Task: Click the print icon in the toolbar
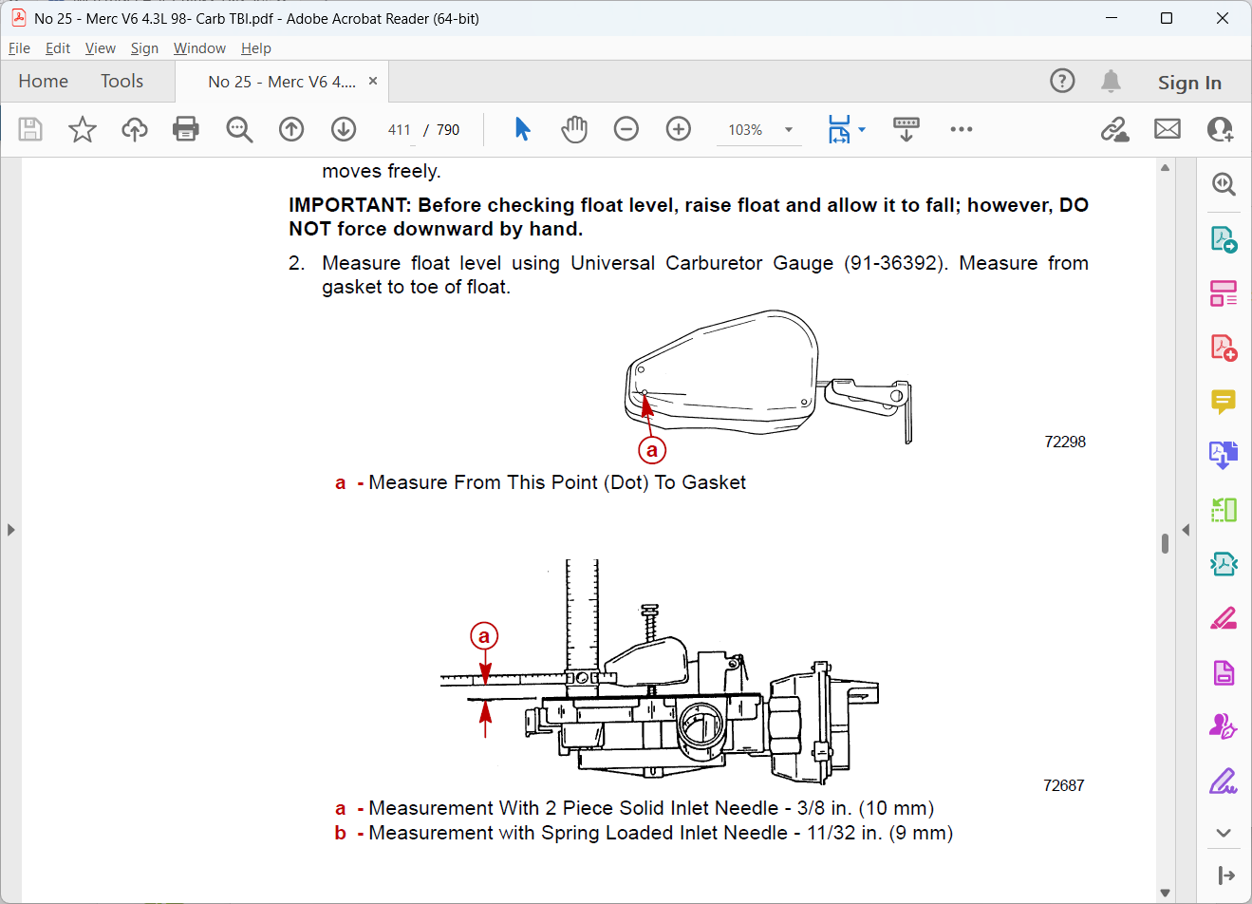pyautogui.click(x=185, y=129)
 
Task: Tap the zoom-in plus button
pyautogui.click(x=678, y=129)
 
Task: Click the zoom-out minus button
pyautogui.click(x=626, y=129)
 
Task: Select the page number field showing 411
pyautogui.click(x=399, y=130)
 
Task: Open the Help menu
pyautogui.click(x=256, y=48)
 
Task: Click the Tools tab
pyautogui.click(x=121, y=82)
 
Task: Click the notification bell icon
pyautogui.click(x=1111, y=82)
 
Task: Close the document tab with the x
pyautogui.click(x=373, y=82)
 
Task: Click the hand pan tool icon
pyautogui.click(x=574, y=129)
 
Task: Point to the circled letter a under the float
pyautogui.click(x=652, y=450)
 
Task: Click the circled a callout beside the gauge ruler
pyautogui.click(x=484, y=636)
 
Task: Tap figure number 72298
pyautogui.click(x=1065, y=442)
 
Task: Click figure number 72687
pyautogui.click(x=1064, y=785)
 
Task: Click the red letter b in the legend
pyautogui.click(x=341, y=833)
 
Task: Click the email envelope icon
pyautogui.click(x=1167, y=129)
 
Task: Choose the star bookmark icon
pyautogui.click(x=83, y=129)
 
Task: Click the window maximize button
pyautogui.click(x=1167, y=18)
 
